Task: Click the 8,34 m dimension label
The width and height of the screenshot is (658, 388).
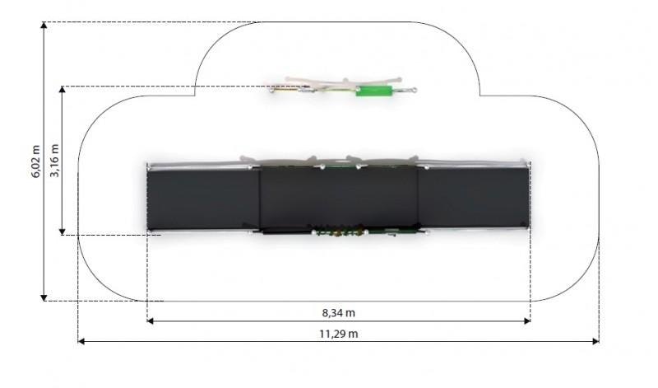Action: (x=338, y=313)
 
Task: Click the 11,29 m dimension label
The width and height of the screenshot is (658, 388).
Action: (x=338, y=334)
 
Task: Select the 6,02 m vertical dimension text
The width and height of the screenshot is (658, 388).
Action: (x=36, y=161)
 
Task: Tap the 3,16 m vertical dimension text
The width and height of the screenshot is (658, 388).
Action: (x=54, y=160)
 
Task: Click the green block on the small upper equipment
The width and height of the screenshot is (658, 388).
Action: (x=374, y=91)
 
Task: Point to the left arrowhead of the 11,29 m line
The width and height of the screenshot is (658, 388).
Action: (x=81, y=341)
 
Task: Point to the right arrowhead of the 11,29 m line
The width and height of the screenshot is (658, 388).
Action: (x=595, y=341)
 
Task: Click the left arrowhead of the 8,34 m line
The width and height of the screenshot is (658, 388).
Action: (x=151, y=321)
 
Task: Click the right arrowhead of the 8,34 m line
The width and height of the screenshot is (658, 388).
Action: (x=527, y=321)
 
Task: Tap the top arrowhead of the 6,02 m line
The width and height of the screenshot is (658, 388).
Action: (x=44, y=26)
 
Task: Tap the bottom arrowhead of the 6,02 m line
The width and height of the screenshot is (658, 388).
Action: (x=44, y=298)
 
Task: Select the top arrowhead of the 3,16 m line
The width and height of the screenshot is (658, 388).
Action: (x=63, y=90)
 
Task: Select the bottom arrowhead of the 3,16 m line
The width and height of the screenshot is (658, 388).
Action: (x=63, y=231)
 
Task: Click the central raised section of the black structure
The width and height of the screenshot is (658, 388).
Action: (x=339, y=197)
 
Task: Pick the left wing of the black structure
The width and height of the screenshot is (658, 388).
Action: (x=203, y=199)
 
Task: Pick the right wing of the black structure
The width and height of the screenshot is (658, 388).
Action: (x=474, y=198)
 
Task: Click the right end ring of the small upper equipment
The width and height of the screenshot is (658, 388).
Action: (x=414, y=90)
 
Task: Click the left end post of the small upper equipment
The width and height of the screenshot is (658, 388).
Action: (x=272, y=89)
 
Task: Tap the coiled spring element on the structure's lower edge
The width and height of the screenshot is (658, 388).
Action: (x=339, y=231)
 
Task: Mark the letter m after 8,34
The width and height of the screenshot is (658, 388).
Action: (x=351, y=314)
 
